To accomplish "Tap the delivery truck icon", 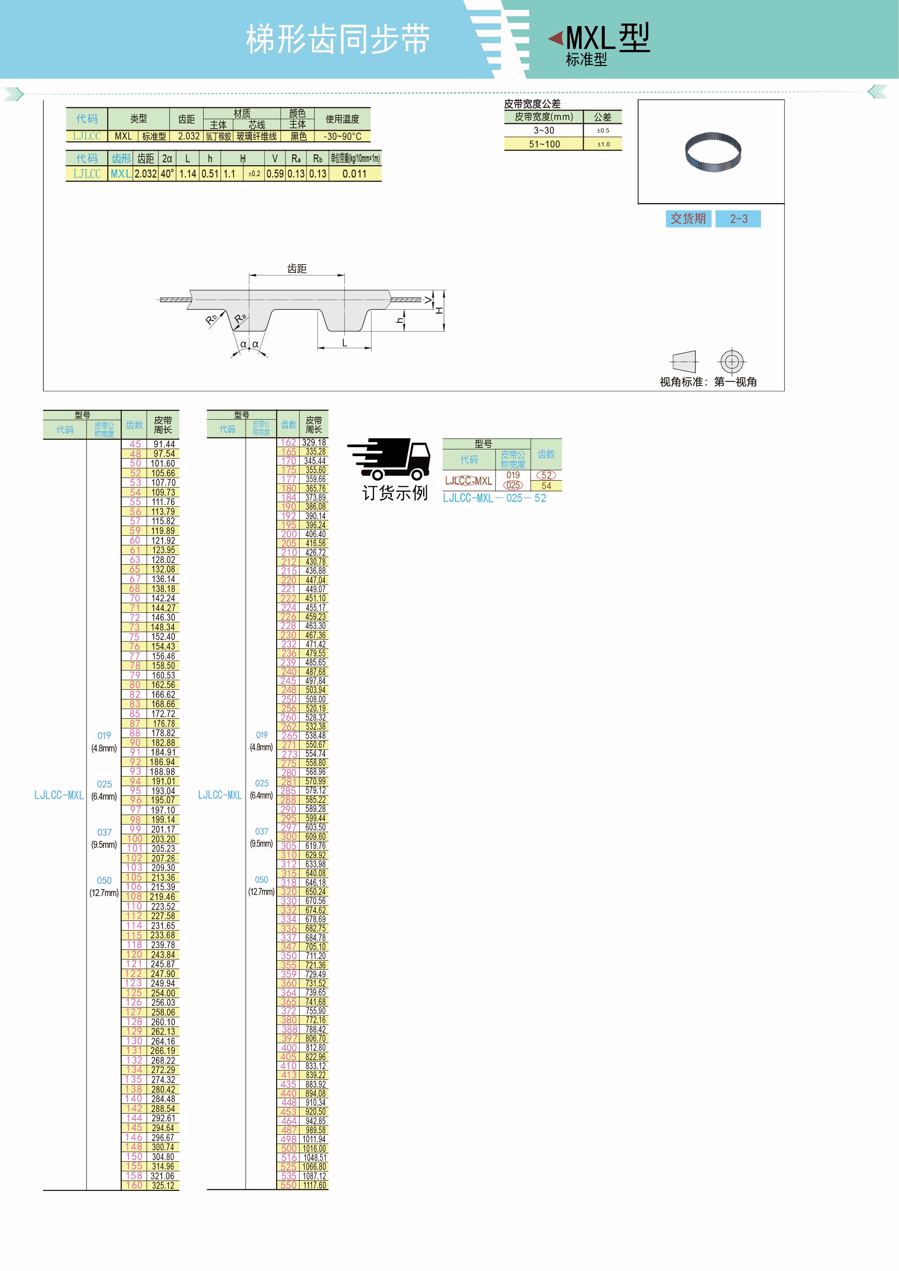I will (x=390, y=459).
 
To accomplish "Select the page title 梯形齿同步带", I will (x=338, y=40).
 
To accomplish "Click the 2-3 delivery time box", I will (x=738, y=219).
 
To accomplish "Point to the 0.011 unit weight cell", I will (x=354, y=174).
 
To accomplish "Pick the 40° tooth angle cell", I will (x=167, y=174).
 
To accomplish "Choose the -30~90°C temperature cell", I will (x=342, y=136).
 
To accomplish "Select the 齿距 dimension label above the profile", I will (x=297, y=268).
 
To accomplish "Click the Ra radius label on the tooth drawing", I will (x=240, y=318).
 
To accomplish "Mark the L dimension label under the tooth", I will (x=344, y=343).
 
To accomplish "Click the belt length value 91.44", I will (x=164, y=444).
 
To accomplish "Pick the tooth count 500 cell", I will (x=288, y=1149).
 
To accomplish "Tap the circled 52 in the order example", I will (x=546, y=475).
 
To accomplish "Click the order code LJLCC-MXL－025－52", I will (x=494, y=498).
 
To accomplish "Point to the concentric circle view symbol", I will (x=732, y=362).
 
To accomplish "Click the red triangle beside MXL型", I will (x=556, y=38).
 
